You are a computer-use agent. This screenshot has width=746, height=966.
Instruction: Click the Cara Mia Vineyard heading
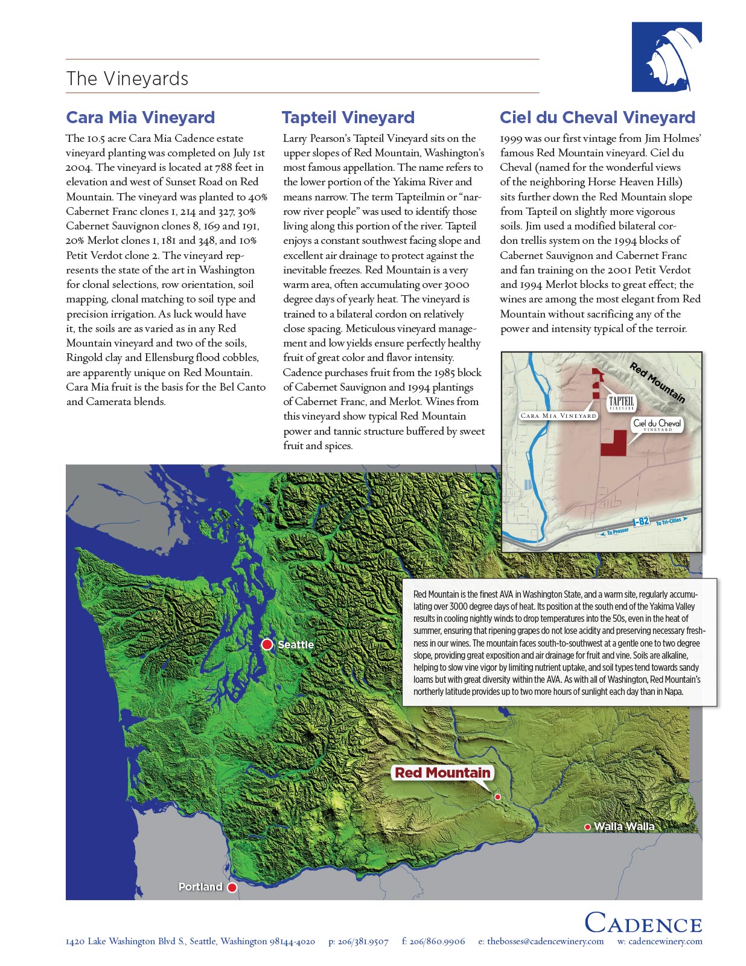[x=140, y=117]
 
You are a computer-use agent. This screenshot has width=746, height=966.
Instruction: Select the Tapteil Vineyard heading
[x=348, y=117]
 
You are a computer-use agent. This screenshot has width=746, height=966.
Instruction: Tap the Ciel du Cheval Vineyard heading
[x=598, y=117]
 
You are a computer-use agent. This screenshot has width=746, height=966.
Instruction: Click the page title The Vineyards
[x=127, y=78]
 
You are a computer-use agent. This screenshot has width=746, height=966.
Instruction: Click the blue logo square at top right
[x=666, y=57]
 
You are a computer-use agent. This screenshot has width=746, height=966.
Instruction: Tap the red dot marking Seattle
[x=267, y=645]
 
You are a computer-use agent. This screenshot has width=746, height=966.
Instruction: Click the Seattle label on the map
[x=296, y=645]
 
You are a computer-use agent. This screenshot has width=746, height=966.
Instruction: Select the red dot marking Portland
[x=232, y=887]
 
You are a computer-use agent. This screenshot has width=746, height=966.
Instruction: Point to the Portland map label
[x=200, y=887]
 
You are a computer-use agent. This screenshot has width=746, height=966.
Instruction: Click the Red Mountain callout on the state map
[x=442, y=773]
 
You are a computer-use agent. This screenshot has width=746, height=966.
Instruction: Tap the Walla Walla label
[x=624, y=827]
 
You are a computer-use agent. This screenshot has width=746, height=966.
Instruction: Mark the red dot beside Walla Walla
[x=587, y=827]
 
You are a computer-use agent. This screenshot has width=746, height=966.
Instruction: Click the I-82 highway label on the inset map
[x=641, y=522]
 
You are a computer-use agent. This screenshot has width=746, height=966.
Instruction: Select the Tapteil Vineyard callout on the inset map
[x=621, y=403]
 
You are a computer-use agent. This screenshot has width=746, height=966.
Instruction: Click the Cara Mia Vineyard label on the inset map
[x=558, y=415]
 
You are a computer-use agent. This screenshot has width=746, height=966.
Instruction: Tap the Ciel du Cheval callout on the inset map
[x=657, y=424]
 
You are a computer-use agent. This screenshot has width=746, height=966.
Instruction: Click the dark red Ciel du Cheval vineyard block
[x=613, y=443]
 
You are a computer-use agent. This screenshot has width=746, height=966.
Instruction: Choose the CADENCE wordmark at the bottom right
[x=643, y=924]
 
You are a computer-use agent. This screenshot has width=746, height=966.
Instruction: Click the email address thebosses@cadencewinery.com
[x=545, y=941]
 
